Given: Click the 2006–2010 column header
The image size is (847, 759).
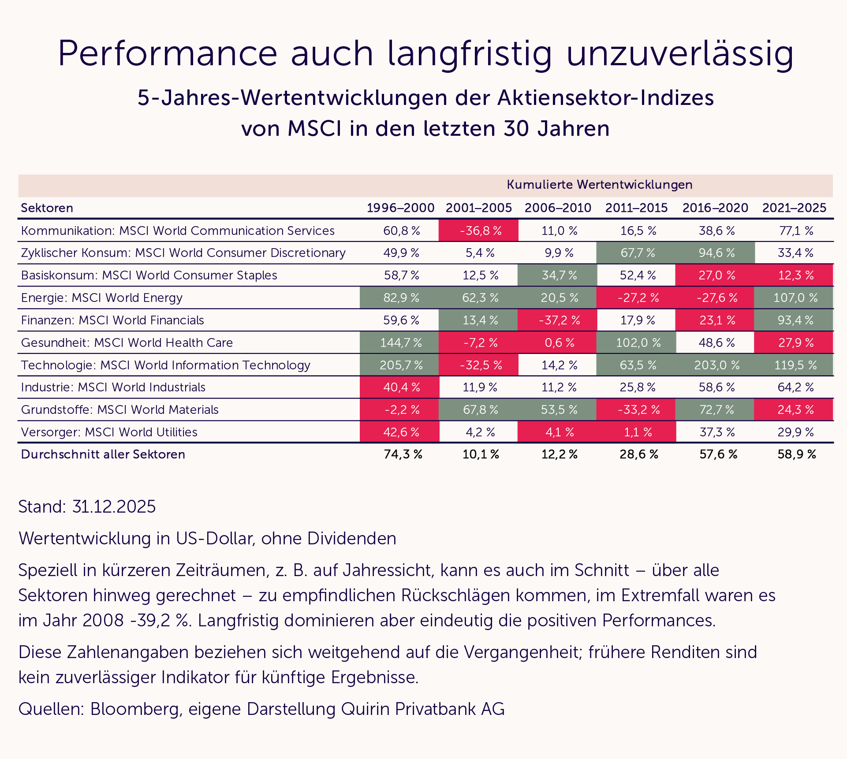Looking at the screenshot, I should click(x=558, y=208).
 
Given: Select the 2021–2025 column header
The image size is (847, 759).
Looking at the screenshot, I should click(x=794, y=208).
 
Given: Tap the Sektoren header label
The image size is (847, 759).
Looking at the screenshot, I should click(x=47, y=208).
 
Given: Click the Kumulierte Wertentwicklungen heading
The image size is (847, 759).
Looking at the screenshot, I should click(x=599, y=185).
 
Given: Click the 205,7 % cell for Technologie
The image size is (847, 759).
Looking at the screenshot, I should click(x=401, y=365).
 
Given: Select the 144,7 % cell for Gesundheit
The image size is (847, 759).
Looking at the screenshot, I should click(x=401, y=342).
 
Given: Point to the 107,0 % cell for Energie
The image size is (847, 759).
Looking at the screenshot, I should click(x=795, y=298).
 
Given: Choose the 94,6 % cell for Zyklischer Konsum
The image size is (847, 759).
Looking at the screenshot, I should click(x=716, y=253).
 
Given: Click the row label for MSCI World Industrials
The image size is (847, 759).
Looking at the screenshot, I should click(x=113, y=387).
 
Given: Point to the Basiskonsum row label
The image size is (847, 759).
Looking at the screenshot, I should click(x=149, y=275).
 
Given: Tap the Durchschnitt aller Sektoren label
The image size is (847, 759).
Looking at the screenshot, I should click(x=103, y=454).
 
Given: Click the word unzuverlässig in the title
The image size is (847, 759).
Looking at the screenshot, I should click(x=679, y=54).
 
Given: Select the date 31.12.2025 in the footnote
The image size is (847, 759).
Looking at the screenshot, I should click(x=114, y=507).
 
